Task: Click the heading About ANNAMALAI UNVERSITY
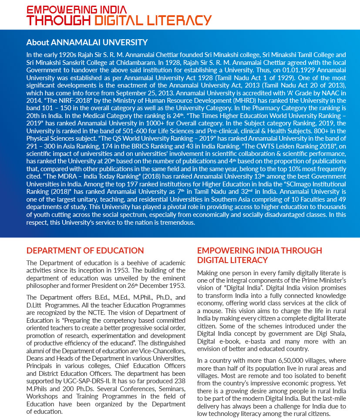tap(87, 42)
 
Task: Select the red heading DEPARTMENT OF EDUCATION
tap(85, 250)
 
